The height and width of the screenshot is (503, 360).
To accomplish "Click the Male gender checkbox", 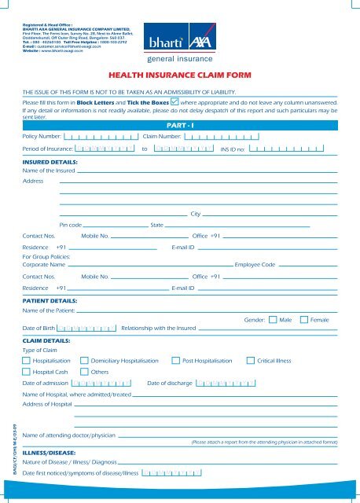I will click(273, 320).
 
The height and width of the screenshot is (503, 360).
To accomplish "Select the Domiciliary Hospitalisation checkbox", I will click(85, 360).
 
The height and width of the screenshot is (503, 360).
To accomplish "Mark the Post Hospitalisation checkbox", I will click(175, 360).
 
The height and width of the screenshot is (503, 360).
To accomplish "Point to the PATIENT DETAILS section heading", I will click(49, 300).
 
